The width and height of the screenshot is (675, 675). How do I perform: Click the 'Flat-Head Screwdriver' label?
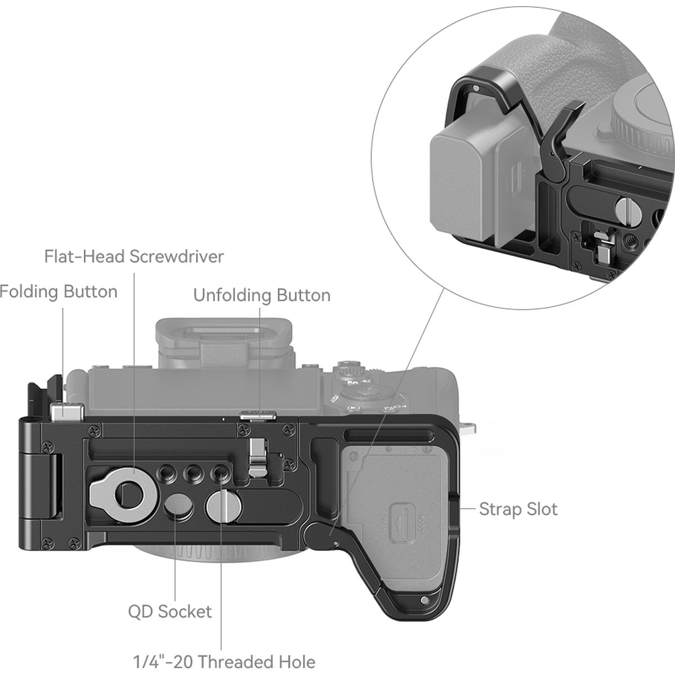tap(134, 257)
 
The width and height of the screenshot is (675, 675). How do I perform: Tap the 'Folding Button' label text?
tap(59, 292)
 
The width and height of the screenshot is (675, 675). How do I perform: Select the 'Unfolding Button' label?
tap(262, 295)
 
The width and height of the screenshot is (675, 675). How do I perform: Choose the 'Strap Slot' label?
tap(518, 509)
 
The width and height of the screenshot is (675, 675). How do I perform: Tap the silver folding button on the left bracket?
tap(66, 412)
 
